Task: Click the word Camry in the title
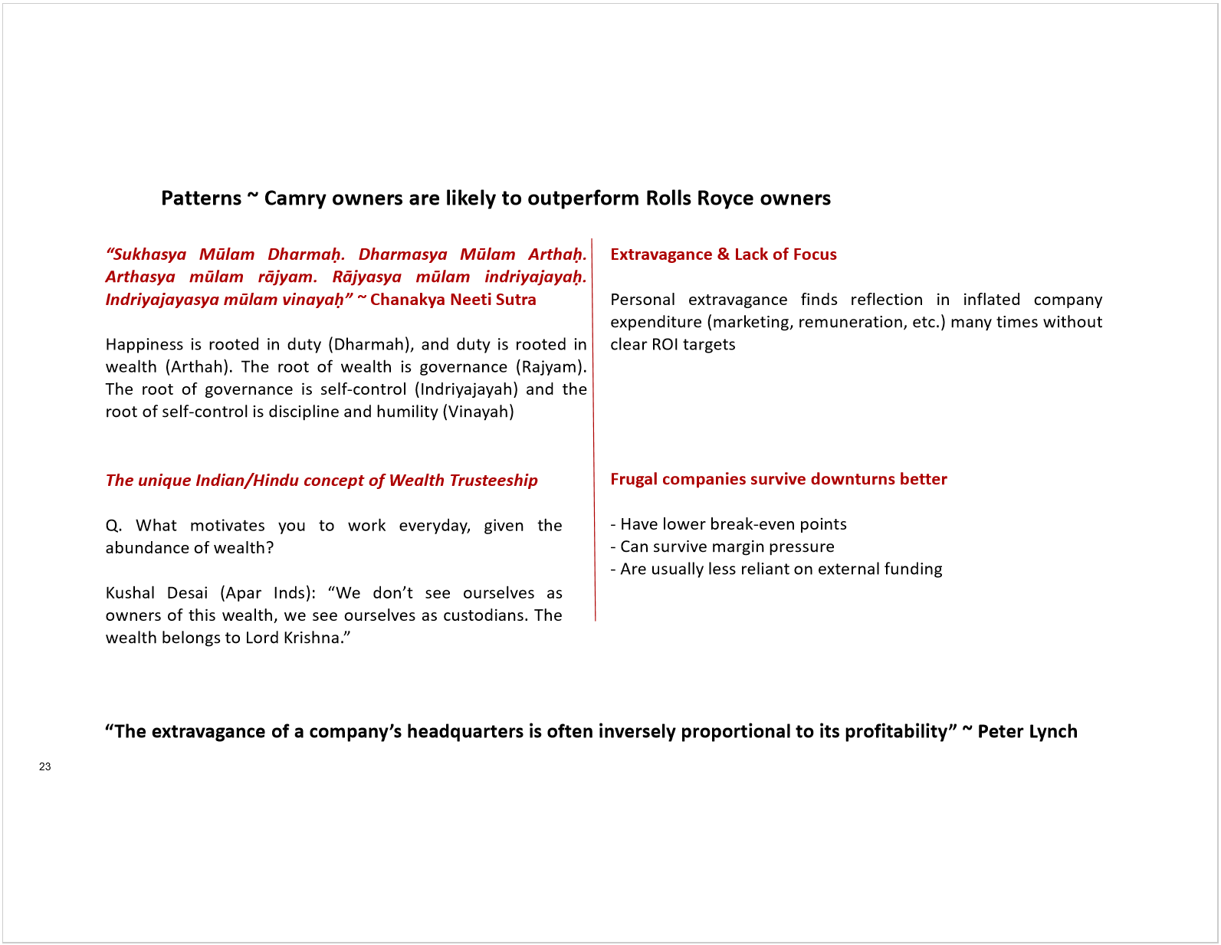point(295,199)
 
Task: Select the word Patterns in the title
point(201,199)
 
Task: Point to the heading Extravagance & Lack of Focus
point(723,254)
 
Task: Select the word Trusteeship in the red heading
point(493,481)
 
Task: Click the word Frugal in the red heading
point(634,480)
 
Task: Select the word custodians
point(485,615)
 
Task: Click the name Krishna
point(313,638)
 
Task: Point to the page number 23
point(45,766)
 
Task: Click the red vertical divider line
point(593,429)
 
